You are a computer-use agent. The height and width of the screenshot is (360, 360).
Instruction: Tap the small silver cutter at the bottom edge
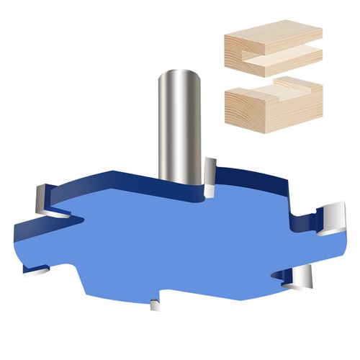click(x=154, y=305)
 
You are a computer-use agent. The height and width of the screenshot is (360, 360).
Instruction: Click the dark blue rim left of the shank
click(x=115, y=176)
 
